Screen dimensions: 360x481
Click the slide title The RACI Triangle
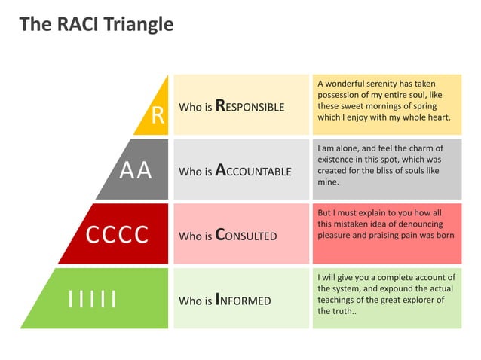point(96,24)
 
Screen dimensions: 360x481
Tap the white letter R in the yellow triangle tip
point(158,115)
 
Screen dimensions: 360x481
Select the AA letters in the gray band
point(136,172)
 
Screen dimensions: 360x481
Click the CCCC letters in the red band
point(116,236)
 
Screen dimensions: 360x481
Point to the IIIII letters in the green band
point(92,300)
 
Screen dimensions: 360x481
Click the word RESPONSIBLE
point(250,107)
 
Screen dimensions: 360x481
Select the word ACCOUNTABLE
point(253,172)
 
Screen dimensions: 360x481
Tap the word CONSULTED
point(247,236)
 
